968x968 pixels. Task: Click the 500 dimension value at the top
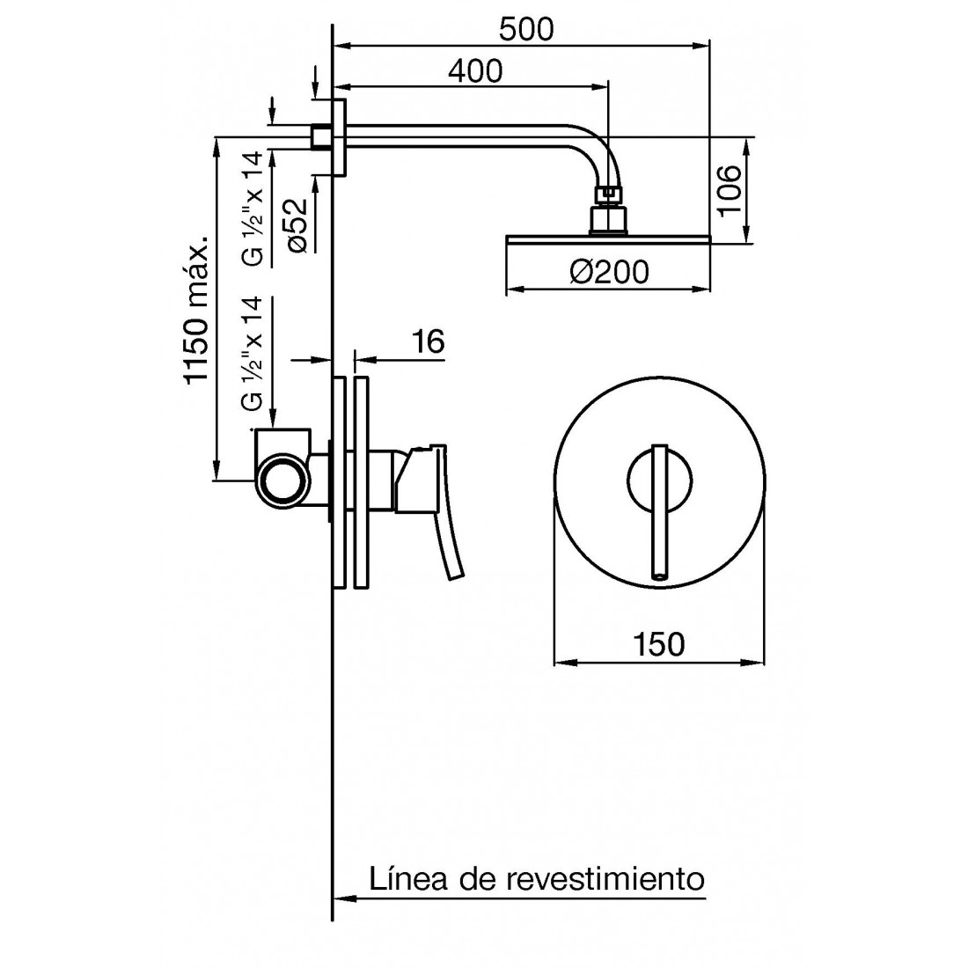pos(526,29)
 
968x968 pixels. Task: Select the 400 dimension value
pos(475,71)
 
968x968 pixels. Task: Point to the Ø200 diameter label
pos(609,272)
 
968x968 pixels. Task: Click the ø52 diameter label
pos(297,225)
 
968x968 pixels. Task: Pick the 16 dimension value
pos(428,341)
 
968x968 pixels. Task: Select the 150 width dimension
pos(659,644)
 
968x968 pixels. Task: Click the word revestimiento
pos(605,878)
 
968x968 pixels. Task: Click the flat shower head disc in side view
pos(608,239)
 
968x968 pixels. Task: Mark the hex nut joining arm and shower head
pos(609,194)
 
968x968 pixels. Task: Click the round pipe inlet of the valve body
pos(282,481)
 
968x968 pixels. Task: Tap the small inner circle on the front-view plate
pos(659,480)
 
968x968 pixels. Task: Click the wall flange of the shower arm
pos(339,137)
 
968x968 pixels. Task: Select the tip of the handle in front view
pos(659,576)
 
